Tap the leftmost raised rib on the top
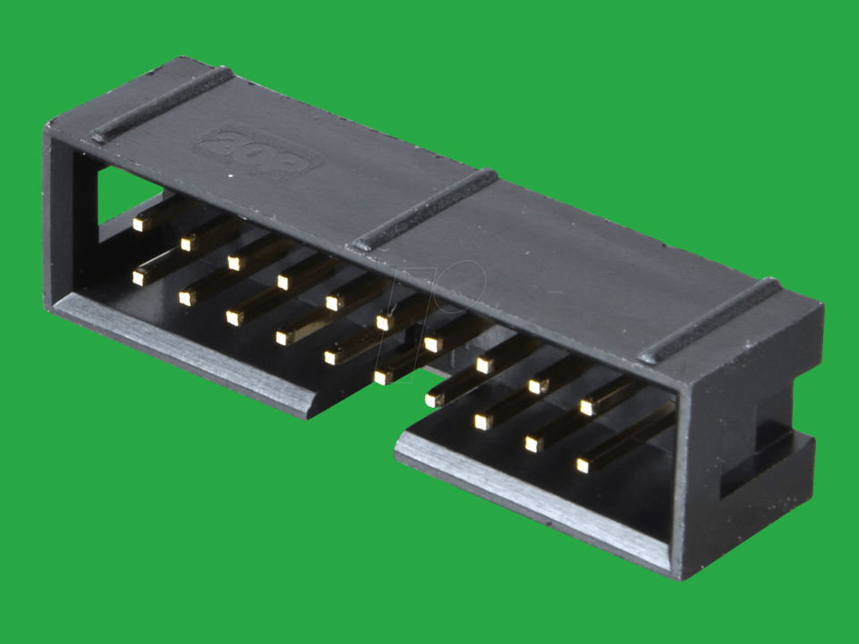[161, 105]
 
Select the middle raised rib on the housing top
[425, 209]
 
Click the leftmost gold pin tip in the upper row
[140, 224]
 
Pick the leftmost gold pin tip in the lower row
[140, 278]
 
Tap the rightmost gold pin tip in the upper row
[587, 407]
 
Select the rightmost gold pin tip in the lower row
[583, 465]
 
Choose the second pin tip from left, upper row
[188, 242]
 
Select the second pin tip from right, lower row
[534, 444]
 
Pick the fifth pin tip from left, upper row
[334, 302]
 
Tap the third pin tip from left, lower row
[234, 318]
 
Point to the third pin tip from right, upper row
[485, 365]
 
